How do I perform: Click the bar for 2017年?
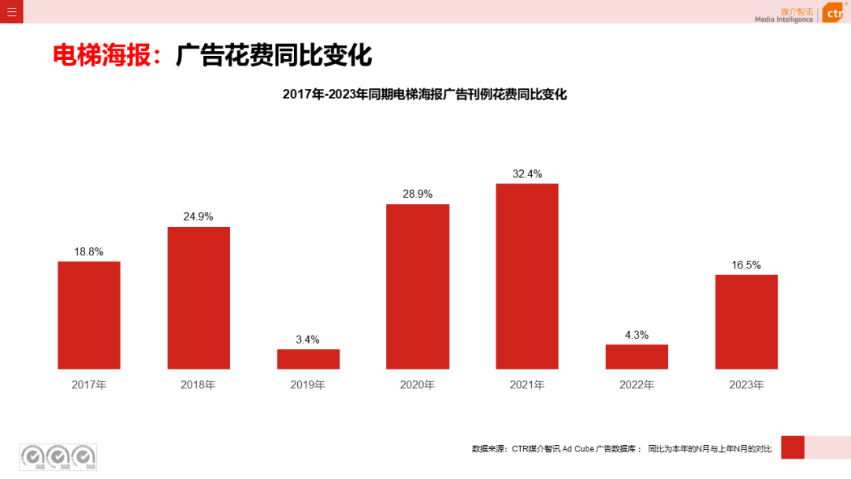[89, 315]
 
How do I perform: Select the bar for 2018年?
[199, 298]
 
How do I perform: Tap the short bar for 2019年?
[308, 359]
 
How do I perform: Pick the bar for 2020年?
[418, 287]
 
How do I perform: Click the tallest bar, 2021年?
[527, 277]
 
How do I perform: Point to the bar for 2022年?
[637, 357]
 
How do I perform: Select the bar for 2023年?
[746, 321]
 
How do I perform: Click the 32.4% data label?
[527, 174]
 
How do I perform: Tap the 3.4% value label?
[308, 340]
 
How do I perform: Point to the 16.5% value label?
[746, 265]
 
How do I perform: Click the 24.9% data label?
[199, 217]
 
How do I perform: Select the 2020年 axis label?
[418, 385]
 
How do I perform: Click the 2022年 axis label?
[637, 385]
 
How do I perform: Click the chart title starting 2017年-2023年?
[425, 95]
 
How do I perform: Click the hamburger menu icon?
[11, 11]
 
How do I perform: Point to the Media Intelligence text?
[783, 20]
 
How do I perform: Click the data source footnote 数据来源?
[622, 449]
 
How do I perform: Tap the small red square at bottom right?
[792, 447]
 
